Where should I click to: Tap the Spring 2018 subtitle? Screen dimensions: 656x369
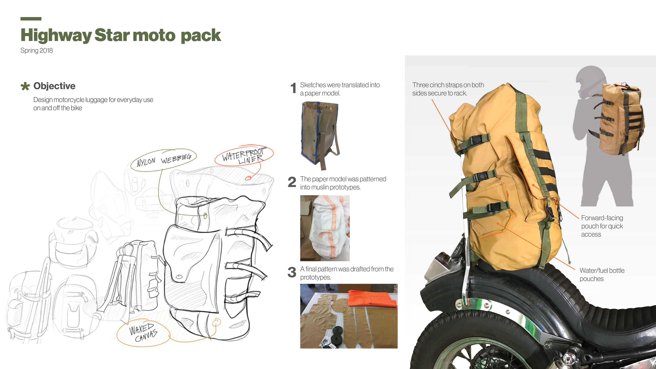click(37, 50)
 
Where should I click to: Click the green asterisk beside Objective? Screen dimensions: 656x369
click(25, 86)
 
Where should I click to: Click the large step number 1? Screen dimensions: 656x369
click(293, 88)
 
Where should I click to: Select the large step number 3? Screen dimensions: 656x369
click(292, 272)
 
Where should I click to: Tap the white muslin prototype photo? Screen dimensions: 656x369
click(325, 228)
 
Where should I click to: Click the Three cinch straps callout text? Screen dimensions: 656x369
click(448, 89)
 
